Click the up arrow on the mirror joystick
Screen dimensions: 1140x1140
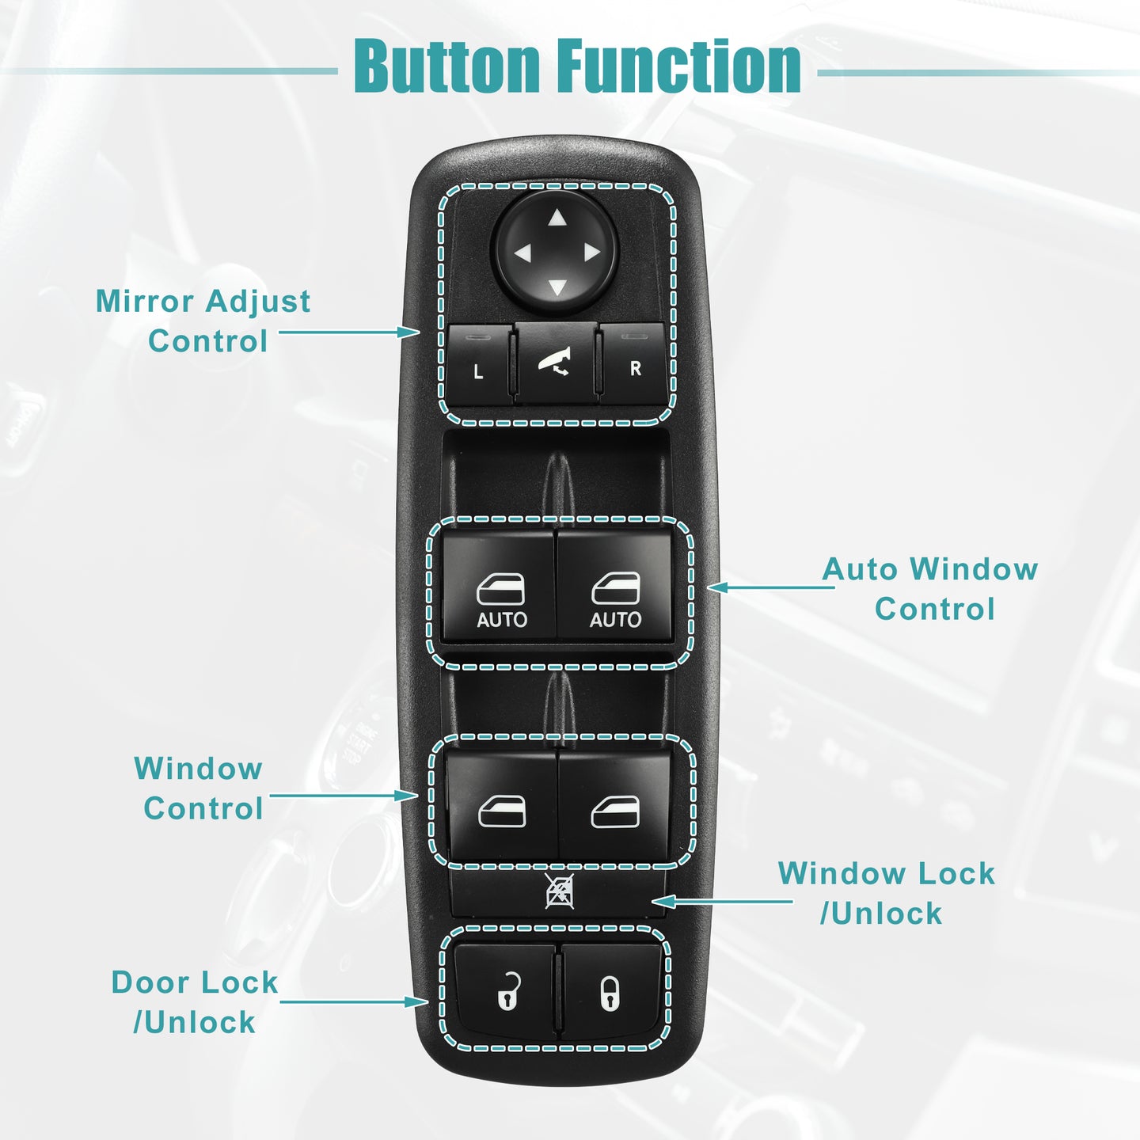click(557, 218)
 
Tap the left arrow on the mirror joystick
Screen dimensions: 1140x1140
click(523, 254)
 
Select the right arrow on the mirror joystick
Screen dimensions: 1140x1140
click(591, 252)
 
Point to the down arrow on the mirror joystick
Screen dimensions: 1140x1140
click(557, 288)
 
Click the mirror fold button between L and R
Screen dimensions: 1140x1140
click(556, 363)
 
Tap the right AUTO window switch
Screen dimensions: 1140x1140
click(614, 584)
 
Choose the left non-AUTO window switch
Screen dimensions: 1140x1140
click(502, 804)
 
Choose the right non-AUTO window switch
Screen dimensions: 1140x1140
click(614, 804)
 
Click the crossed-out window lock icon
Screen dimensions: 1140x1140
click(559, 891)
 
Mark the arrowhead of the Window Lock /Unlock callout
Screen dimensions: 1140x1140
click(663, 902)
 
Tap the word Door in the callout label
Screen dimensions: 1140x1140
click(150, 982)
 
